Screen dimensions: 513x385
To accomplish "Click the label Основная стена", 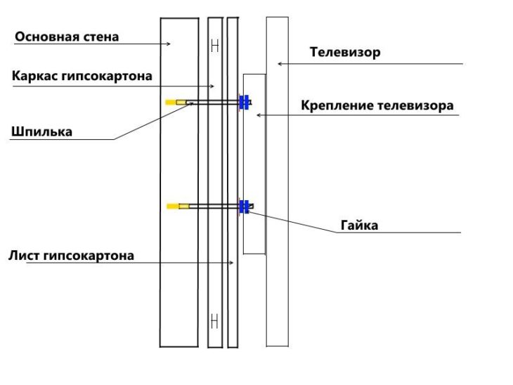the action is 67,37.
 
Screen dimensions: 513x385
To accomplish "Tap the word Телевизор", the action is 345,52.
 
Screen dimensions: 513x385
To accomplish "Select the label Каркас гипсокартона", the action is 82,76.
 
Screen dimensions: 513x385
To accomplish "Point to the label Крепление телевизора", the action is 377,105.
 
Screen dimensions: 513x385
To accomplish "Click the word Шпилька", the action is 41,132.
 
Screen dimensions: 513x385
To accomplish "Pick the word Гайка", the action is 359,226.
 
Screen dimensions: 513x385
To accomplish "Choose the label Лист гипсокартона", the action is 71,256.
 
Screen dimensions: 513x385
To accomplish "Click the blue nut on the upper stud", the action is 244,102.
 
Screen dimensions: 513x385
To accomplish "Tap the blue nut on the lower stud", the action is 244,207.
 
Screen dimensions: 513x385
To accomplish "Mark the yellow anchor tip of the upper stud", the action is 171,103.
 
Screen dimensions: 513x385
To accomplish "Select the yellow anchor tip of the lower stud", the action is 173,206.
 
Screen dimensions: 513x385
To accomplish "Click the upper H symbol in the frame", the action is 215,46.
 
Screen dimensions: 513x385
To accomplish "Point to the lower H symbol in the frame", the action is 214,320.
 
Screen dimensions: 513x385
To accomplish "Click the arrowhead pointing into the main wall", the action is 169,44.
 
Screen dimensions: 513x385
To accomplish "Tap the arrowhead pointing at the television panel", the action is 280,64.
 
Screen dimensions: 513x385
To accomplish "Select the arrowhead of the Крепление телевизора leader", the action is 259,115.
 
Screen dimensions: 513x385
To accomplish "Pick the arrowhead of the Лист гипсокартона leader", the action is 231,263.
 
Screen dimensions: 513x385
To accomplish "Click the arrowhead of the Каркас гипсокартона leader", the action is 212,86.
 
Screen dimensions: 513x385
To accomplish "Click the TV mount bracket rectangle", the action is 254,164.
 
